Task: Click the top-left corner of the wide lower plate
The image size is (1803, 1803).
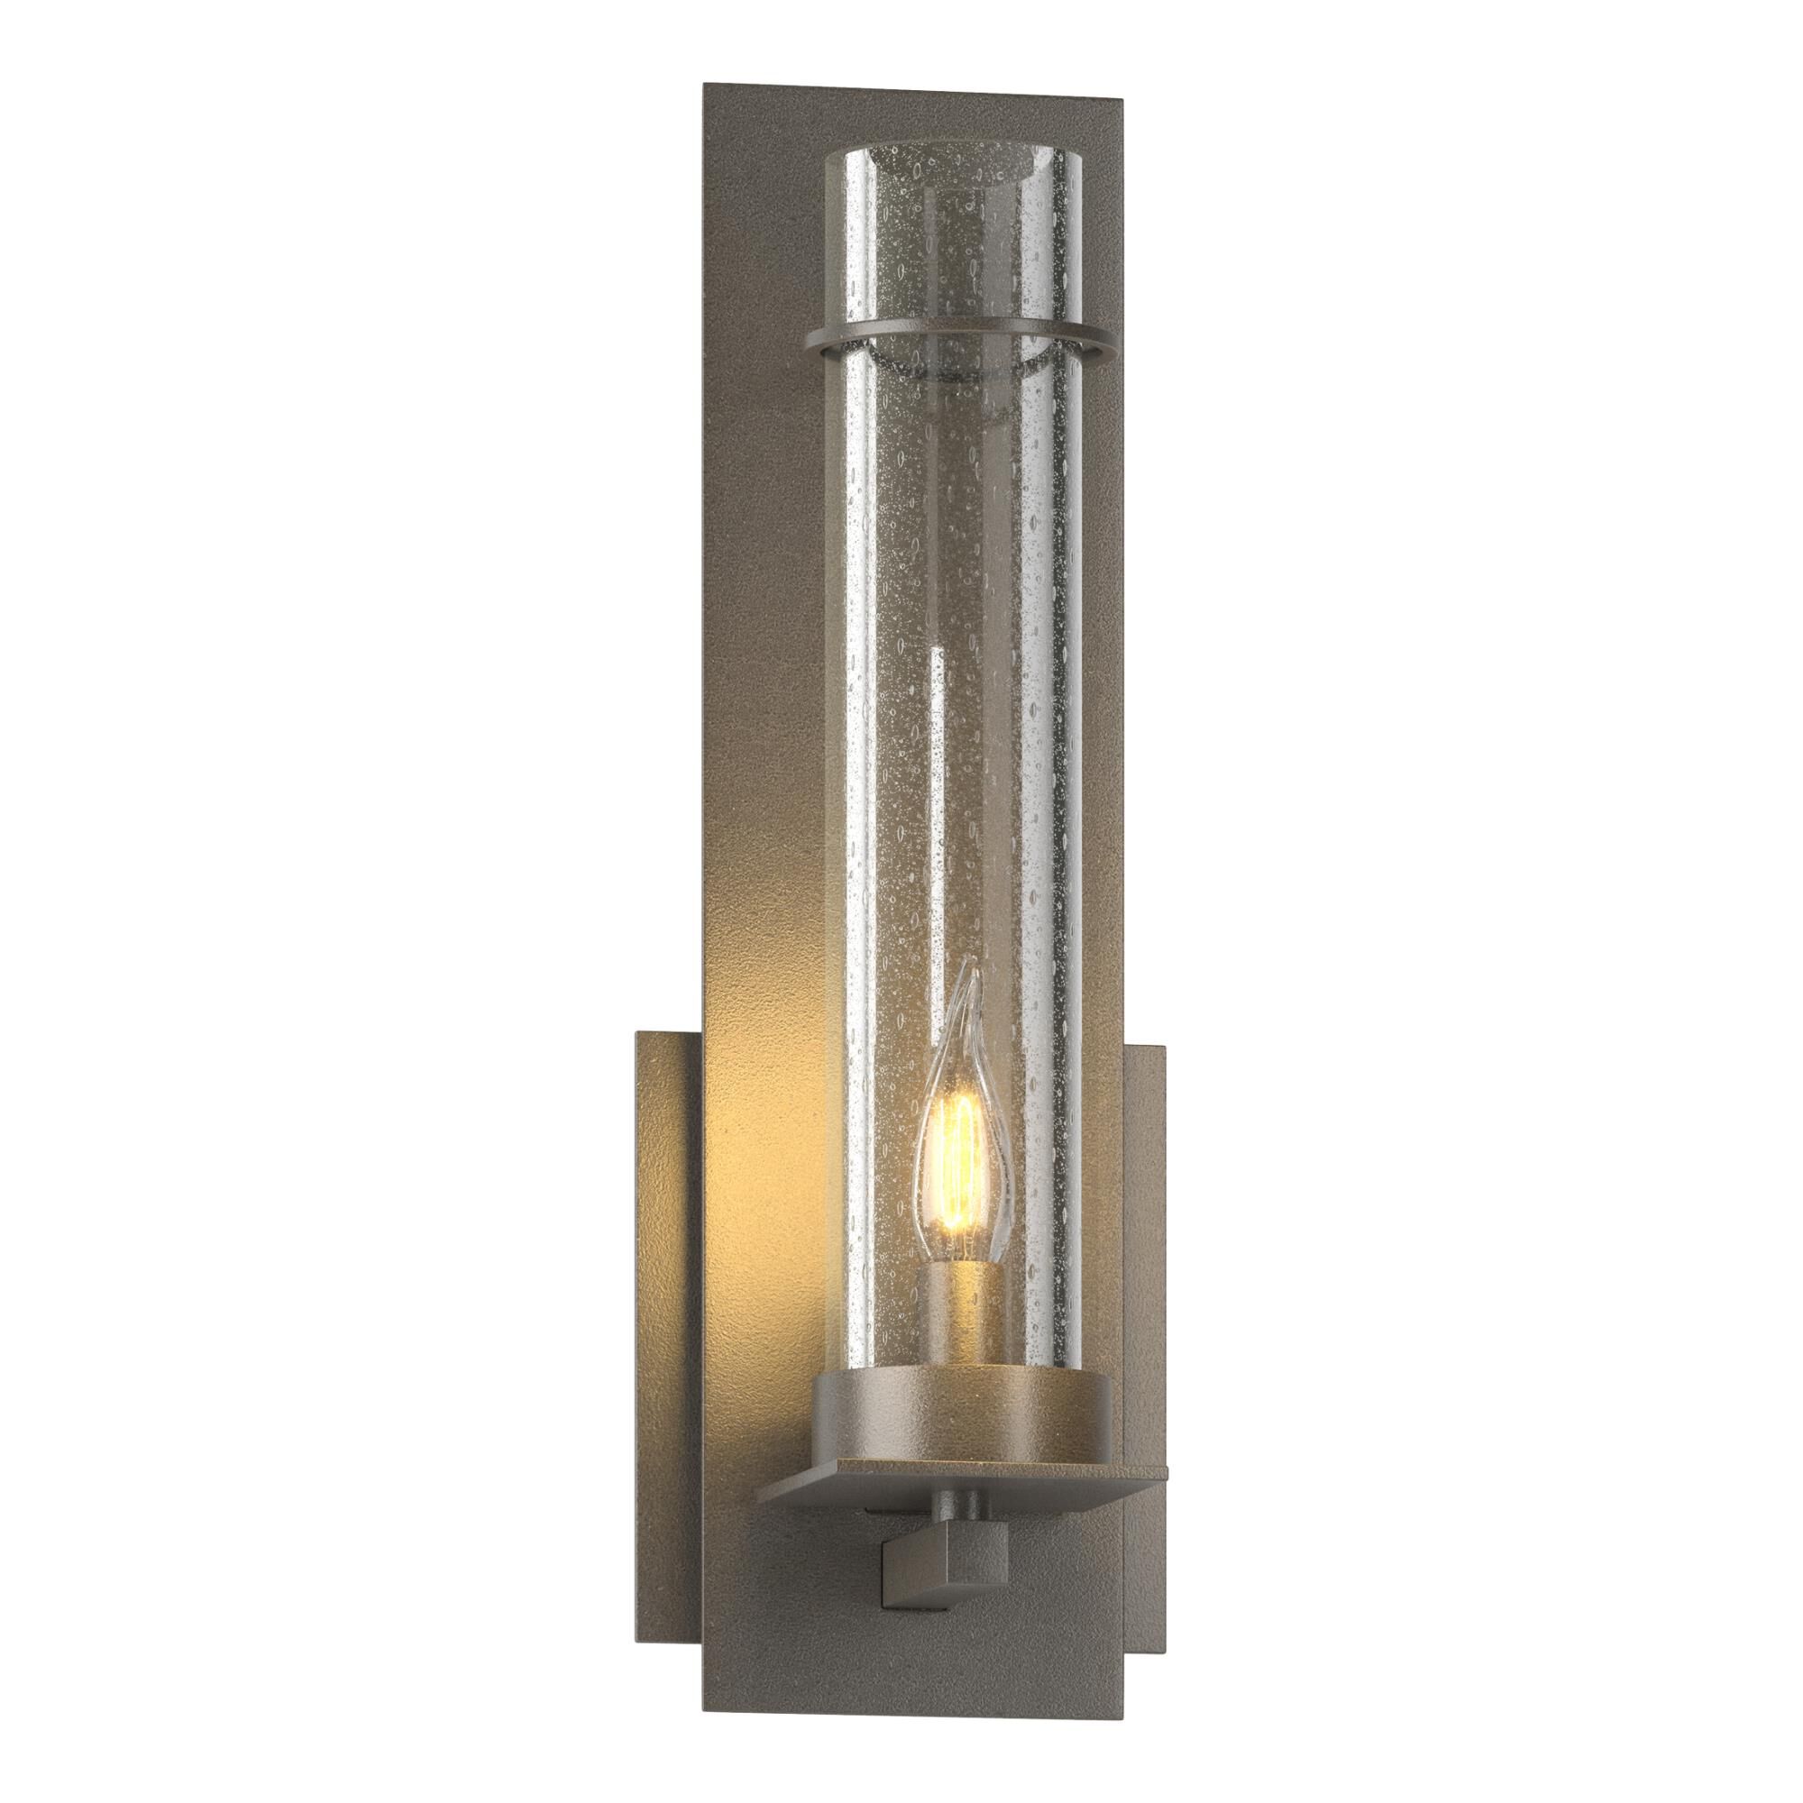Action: pyautogui.click(x=638, y=1033)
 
